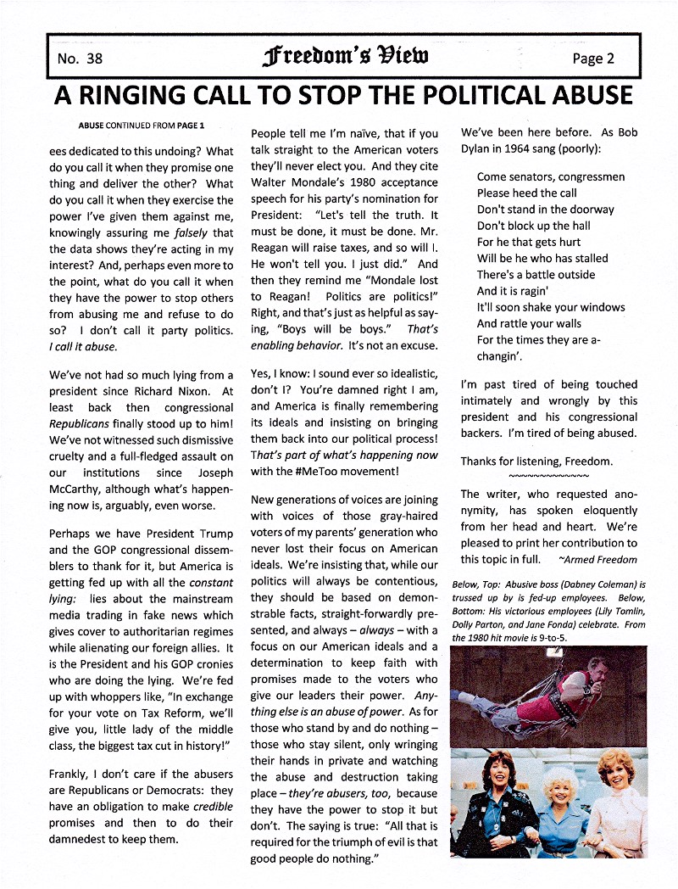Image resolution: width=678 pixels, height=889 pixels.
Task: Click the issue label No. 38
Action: point(80,58)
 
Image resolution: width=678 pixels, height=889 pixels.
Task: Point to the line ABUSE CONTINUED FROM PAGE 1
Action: point(142,126)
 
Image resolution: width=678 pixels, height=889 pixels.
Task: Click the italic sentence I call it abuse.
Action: point(83,346)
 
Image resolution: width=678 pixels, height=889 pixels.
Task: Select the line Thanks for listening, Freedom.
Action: point(536,461)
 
